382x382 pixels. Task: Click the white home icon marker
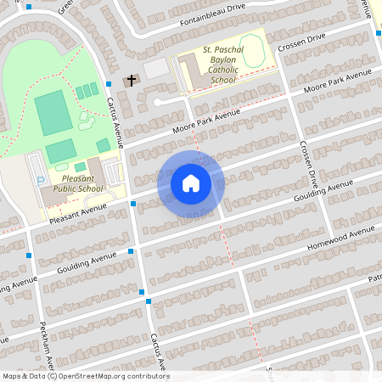point(191,183)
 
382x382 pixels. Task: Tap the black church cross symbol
point(132,81)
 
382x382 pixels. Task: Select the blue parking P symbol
point(42,181)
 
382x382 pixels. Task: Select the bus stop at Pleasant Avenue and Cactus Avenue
point(133,204)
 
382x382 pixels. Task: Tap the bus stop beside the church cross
point(110,83)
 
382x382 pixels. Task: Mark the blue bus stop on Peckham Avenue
point(30,256)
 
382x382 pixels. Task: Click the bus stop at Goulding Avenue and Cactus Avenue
point(130,251)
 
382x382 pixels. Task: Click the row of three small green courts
point(87,91)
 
